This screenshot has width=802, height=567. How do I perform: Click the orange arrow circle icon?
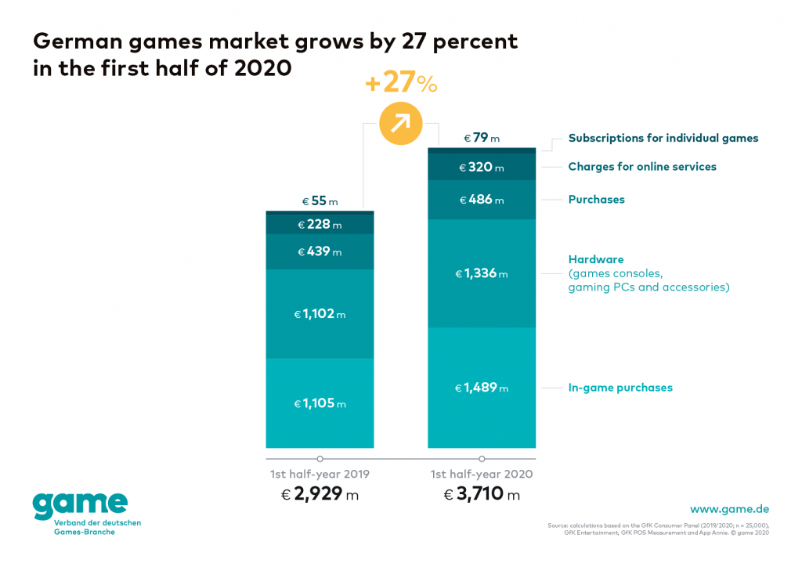(400, 124)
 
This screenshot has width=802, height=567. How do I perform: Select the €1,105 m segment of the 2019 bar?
(320, 403)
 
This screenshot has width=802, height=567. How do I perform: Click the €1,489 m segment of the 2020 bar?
(482, 388)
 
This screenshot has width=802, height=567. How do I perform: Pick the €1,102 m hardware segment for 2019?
(320, 314)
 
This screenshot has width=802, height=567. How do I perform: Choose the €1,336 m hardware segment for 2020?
(482, 274)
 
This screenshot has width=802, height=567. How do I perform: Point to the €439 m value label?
(320, 252)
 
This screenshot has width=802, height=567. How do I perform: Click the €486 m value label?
(482, 200)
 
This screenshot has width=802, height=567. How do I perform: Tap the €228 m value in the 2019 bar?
(320, 225)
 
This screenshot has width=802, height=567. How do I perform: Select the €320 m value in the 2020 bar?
(482, 167)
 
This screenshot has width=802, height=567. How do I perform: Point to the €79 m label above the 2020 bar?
(482, 138)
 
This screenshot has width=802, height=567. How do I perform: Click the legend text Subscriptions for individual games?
(663, 138)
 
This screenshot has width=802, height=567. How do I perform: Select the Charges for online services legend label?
(642, 167)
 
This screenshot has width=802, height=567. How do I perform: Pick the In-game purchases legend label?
(620, 388)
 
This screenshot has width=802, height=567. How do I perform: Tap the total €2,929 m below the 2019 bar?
(320, 495)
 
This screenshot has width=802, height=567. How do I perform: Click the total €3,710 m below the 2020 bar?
(482, 495)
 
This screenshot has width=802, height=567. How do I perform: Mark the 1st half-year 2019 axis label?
(320, 475)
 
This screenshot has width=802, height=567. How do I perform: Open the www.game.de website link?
(729, 509)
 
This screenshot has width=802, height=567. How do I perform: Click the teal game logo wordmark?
(79, 505)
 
